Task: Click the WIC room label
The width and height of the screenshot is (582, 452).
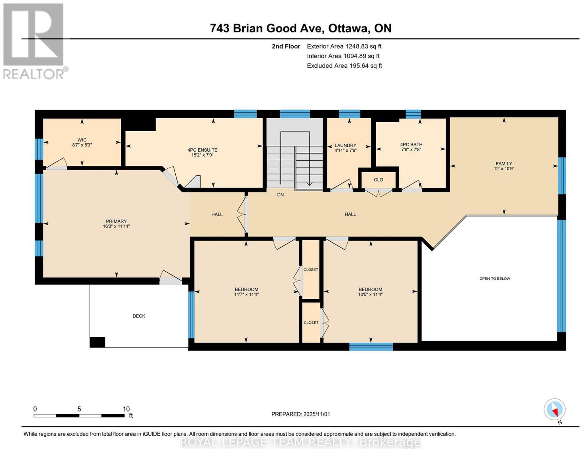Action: click(x=82, y=140)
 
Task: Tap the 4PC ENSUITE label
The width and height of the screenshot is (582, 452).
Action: click(x=202, y=150)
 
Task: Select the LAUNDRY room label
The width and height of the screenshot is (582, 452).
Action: click(x=345, y=145)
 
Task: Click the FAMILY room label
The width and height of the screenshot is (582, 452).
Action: click(x=504, y=164)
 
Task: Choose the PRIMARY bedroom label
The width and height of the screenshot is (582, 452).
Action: click(x=116, y=221)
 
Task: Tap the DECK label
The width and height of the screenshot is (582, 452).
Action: click(x=139, y=316)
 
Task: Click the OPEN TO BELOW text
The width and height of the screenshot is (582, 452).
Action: click(x=495, y=279)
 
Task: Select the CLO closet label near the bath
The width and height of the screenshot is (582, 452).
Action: click(x=378, y=180)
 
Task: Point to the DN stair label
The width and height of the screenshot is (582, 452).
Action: click(x=280, y=195)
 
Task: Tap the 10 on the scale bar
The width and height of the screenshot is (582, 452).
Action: click(x=126, y=409)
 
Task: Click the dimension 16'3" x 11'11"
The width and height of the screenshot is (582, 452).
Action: click(x=116, y=226)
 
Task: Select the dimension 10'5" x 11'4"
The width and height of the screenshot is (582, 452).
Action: click(x=370, y=295)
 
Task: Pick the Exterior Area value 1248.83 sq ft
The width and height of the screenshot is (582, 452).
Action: click(x=363, y=46)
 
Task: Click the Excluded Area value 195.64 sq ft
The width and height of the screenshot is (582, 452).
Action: click(x=365, y=65)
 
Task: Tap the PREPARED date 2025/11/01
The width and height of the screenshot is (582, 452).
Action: click(x=316, y=414)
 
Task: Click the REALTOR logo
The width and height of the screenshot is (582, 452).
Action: click(x=35, y=41)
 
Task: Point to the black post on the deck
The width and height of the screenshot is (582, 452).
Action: click(x=97, y=342)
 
